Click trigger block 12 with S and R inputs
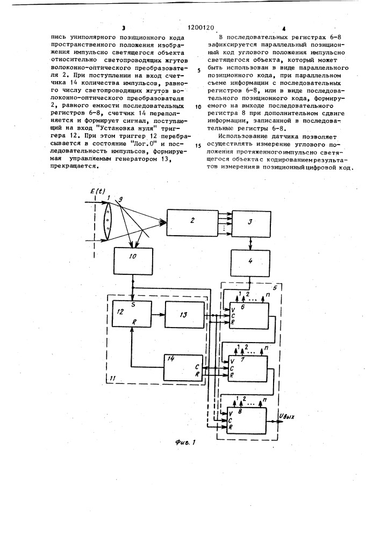click(131, 317)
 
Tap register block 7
click(247, 368)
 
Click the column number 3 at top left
click(123, 27)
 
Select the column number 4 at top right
click(283, 27)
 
